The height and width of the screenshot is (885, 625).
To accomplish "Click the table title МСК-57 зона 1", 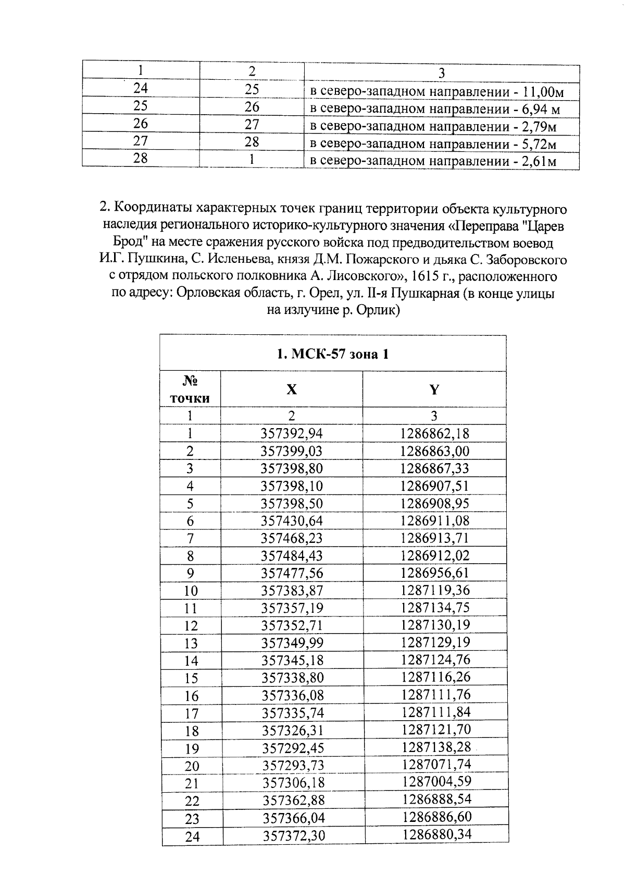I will coord(332,354).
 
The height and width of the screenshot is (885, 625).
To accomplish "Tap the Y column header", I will coord(434,389).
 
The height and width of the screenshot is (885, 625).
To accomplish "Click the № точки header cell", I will coord(190,390).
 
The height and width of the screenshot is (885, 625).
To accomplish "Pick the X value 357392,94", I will coord(292,433).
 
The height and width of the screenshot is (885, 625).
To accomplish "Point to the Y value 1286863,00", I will coord(435,451).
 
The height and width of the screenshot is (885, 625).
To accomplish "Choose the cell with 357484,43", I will coord(292,556).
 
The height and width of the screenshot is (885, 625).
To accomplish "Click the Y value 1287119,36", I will coord(435,590).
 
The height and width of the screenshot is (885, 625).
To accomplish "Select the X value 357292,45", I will coord(293,748).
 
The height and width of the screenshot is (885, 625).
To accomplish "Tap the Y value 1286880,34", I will coord(437,834).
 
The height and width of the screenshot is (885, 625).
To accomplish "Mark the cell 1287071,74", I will coord(436,765).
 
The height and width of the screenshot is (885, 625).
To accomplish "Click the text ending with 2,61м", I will coord(433,161).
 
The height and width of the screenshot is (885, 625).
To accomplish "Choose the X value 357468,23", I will coord(292,538).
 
